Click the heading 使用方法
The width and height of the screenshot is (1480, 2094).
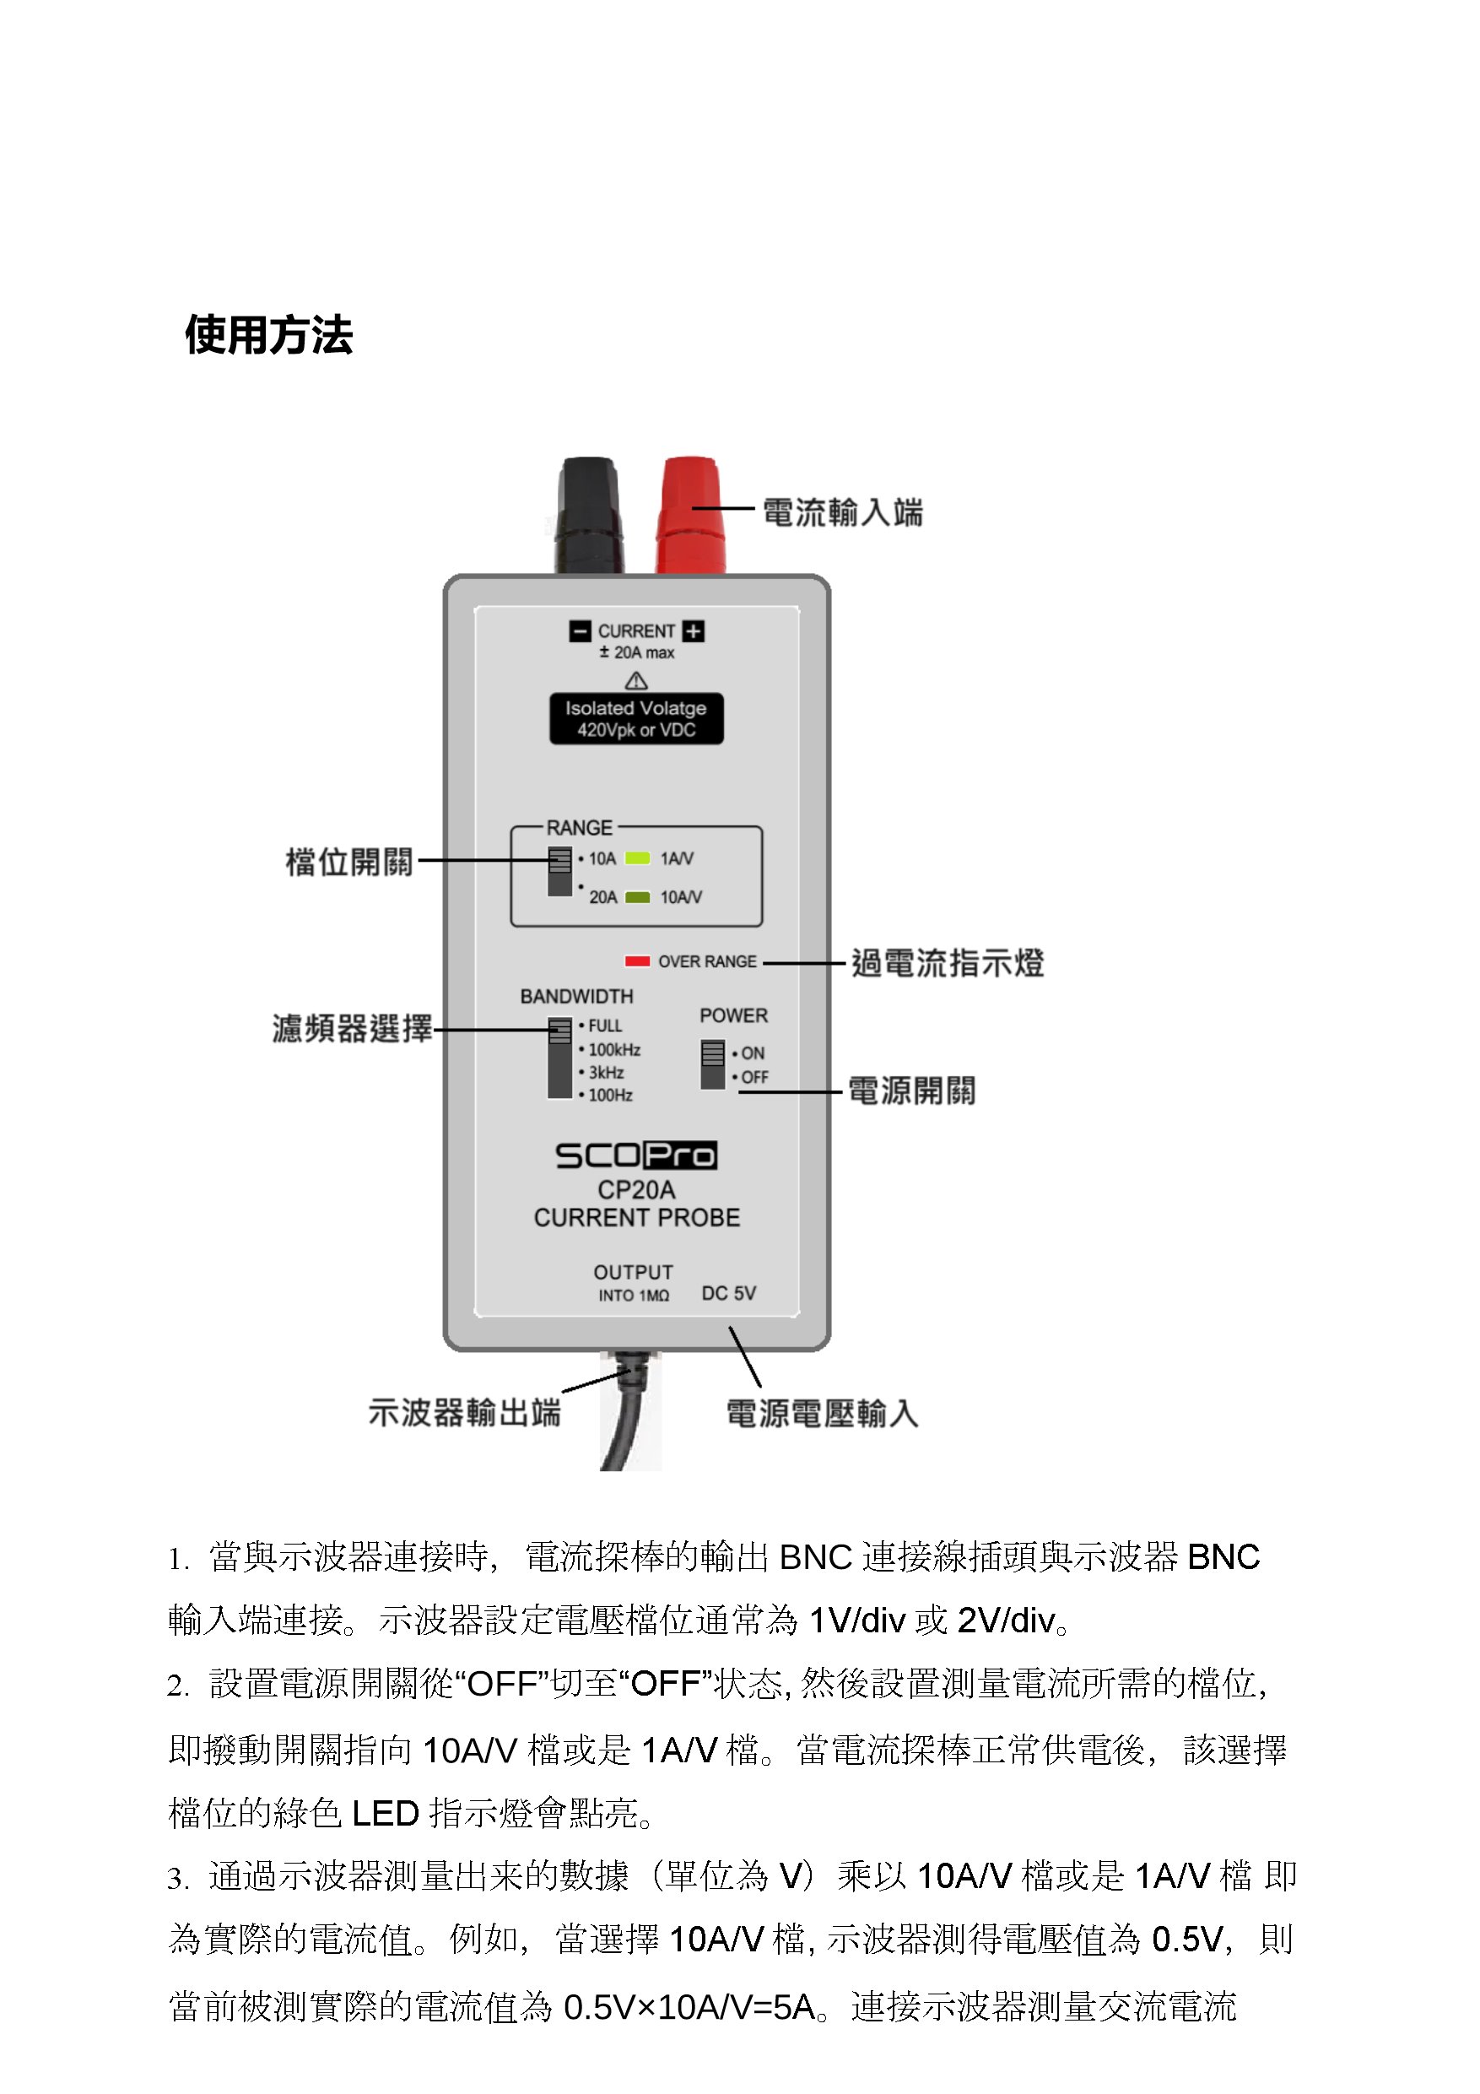click(268, 335)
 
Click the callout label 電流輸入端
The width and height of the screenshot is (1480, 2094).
click(841, 512)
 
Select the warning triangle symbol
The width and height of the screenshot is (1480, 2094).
click(635, 681)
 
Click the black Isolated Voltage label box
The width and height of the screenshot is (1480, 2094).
click(635, 718)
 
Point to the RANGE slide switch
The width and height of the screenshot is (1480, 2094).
click(559, 872)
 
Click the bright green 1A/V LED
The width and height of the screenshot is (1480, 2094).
click(636, 858)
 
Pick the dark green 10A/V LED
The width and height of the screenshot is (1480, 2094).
click(636, 897)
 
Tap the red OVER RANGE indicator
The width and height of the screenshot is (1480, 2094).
click(636, 961)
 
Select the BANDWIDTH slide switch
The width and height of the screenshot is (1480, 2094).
click(559, 1058)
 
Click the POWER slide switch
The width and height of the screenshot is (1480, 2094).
click(712, 1064)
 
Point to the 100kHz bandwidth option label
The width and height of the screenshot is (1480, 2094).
click(613, 1050)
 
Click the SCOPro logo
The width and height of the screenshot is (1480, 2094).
click(635, 1155)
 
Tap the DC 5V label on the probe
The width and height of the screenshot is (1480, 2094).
click(728, 1293)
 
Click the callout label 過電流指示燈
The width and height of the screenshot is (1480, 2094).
click(947, 963)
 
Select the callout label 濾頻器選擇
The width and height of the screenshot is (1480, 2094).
click(352, 1029)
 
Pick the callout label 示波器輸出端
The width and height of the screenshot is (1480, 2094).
click(464, 1413)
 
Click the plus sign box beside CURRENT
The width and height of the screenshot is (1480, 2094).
click(693, 631)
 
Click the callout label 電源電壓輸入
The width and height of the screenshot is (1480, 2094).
click(822, 1414)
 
